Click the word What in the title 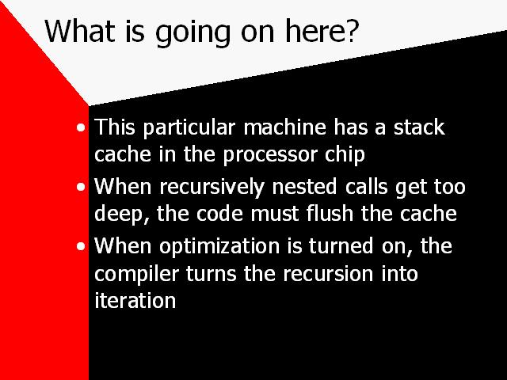point(80,31)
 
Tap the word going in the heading point(193,33)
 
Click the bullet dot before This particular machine point(81,127)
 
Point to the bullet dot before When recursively point(81,187)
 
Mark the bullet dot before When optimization point(81,246)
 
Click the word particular point(189,128)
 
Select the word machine point(284,127)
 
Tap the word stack point(419,127)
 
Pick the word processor point(270,156)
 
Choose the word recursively point(212,188)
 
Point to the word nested point(304,187)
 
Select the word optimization point(219,248)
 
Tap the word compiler point(136,275)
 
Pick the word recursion point(328,273)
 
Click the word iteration point(135,301)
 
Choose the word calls point(366,187)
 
